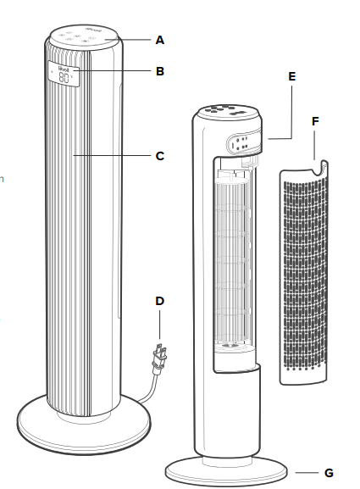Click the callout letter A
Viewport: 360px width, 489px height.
coord(160,39)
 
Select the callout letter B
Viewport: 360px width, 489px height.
coord(160,72)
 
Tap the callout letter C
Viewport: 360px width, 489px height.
coord(160,156)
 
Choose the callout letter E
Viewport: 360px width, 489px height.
coord(291,76)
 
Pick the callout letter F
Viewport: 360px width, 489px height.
coord(315,121)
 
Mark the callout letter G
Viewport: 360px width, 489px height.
coord(330,471)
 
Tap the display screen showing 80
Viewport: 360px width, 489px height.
coord(64,76)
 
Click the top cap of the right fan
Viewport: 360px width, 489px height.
coord(229,114)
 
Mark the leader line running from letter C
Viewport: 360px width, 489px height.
coord(114,156)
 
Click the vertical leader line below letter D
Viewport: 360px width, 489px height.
coord(160,326)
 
